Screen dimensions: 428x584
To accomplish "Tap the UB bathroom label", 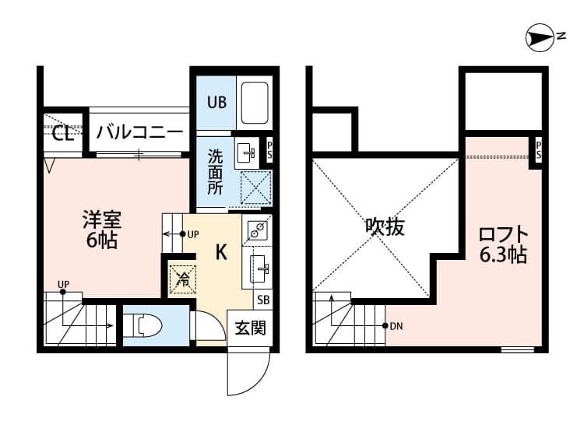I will (x=216, y=101).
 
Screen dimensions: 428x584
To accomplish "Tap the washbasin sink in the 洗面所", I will (x=246, y=152).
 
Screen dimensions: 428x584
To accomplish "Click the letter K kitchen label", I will (x=220, y=251).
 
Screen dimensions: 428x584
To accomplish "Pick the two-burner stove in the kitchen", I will (x=258, y=230).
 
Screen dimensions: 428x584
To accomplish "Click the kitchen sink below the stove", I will (x=260, y=270).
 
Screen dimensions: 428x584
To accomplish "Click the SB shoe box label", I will (x=263, y=300).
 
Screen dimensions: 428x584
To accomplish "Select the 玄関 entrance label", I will (x=250, y=328).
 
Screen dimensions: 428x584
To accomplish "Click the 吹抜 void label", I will (x=385, y=227).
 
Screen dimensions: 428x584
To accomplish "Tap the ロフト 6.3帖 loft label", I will (x=503, y=243).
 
